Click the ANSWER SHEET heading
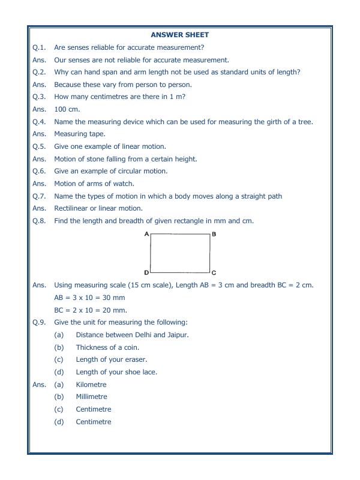tap(180, 35)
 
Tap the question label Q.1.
tap(39, 47)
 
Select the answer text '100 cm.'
tap(67, 109)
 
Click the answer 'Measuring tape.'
tap(79, 134)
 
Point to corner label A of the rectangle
tap(146, 234)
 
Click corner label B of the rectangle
tap(214, 234)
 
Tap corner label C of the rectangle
tap(214, 272)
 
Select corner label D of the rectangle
tap(146, 272)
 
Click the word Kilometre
tap(91, 385)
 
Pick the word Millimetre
tap(91, 397)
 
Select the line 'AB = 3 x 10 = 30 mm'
tap(89, 298)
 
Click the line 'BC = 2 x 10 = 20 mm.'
tap(91, 310)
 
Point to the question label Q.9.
tap(39, 323)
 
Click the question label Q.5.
tap(39, 146)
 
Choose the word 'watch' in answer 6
tap(124, 184)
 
